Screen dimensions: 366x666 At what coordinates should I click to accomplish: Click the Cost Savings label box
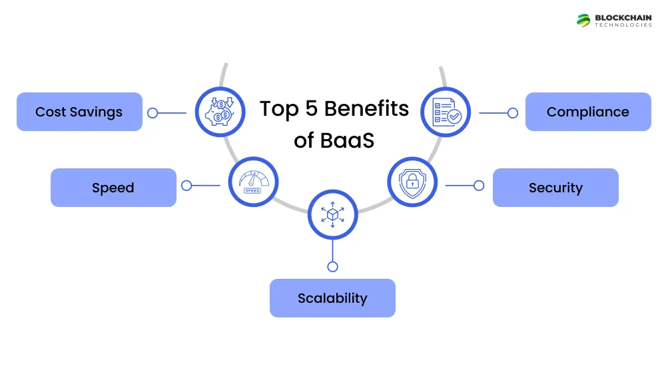[79, 112]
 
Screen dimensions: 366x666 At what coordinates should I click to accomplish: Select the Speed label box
[113, 188]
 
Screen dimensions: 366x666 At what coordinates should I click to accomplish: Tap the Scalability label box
[332, 297]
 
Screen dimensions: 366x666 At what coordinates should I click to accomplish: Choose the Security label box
[555, 188]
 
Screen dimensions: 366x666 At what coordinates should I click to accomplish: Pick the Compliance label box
[588, 112]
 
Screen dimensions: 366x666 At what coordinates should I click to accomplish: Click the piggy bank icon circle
[219, 112]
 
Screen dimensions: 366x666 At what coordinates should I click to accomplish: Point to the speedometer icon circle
[253, 180]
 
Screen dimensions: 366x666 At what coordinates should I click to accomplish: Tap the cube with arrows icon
[332, 214]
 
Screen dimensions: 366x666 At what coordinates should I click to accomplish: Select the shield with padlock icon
[412, 181]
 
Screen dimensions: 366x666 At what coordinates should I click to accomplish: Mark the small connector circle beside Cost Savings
[153, 113]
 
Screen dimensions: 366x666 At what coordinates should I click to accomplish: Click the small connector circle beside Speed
[186, 186]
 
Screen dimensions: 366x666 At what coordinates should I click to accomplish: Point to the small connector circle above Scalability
[332, 267]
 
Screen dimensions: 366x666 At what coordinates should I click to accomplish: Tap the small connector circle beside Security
[478, 186]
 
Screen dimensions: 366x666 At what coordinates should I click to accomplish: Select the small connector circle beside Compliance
[512, 113]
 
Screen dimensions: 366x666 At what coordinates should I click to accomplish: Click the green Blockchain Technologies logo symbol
[584, 21]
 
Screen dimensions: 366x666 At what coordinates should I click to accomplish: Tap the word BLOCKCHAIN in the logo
[624, 17]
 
